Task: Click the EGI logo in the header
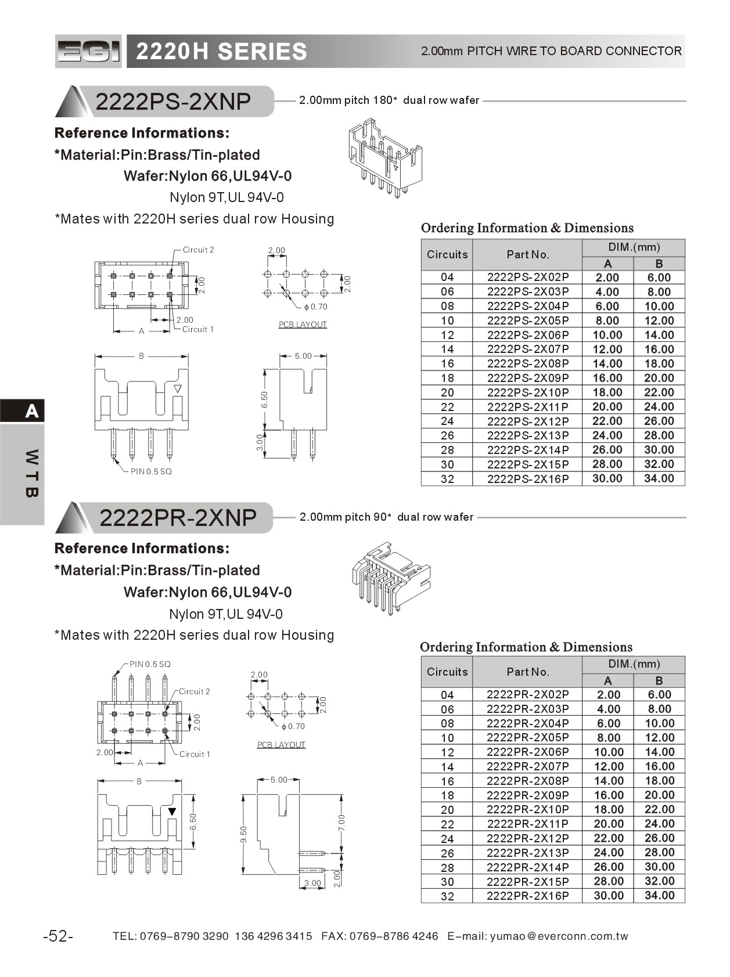[x=89, y=52]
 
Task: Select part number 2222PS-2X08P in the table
[x=527, y=363]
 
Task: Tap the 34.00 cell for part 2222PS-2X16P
[x=659, y=478]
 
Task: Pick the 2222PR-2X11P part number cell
[x=527, y=824]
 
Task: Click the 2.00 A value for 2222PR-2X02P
[x=608, y=694]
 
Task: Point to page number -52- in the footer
[x=58, y=936]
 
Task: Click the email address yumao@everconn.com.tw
[x=559, y=936]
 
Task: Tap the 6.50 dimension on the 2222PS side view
[x=265, y=399]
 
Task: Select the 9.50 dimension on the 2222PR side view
[x=244, y=834]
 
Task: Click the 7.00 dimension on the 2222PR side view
[x=341, y=822]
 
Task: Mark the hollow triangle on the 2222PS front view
[x=178, y=388]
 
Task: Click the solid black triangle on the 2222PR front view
[x=172, y=811]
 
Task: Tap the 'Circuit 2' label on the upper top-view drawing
[x=198, y=250]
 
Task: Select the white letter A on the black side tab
[x=32, y=412]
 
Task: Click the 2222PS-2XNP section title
[x=173, y=102]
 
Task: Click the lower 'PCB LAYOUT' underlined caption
[x=281, y=744]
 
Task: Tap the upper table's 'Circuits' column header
[x=447, y=254]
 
